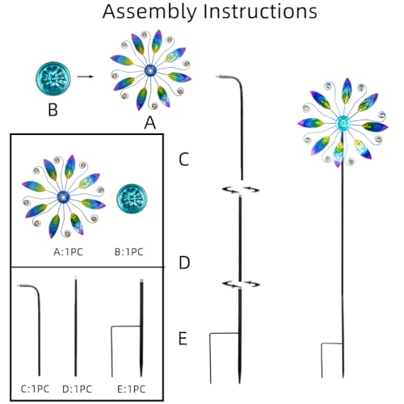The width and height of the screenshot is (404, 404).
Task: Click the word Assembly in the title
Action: [x=149, y=12]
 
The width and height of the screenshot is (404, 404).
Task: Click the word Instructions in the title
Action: [x=260, y=11]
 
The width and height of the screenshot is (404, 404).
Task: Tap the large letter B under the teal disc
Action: [x=53, y=110]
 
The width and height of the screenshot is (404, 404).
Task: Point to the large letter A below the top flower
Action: [x=150, y=123]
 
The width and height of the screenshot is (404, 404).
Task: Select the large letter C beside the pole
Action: [x=183, y=159]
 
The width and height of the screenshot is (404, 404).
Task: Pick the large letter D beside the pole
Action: [x=184, y=263]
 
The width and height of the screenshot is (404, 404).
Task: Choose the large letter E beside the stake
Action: [x=183, y=339]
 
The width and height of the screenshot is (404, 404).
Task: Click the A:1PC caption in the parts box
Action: [x=68, y=252]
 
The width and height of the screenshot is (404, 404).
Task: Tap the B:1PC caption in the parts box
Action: [x=129, y=252]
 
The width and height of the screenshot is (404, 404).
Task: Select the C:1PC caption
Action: [x=35, y=389]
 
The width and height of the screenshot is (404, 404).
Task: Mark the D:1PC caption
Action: [x=77, y=389]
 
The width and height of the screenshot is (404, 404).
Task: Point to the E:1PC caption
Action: [x=132, y=389]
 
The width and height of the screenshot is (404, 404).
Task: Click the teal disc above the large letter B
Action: [x=53, y=78]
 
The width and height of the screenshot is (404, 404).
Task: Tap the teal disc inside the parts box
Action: [x=132, y=199]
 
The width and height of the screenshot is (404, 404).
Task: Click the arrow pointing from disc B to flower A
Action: [x=86, y=77]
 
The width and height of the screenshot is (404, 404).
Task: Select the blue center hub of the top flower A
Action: [x=150, y=71]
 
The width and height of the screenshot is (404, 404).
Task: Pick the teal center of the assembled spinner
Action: [x=343, y=123]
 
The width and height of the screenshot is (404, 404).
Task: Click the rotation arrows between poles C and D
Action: [x=241, y=190]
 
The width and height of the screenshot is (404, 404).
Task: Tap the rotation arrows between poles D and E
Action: [x=241, y=284]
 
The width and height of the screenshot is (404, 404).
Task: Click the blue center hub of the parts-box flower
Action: [x=63, y=197]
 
